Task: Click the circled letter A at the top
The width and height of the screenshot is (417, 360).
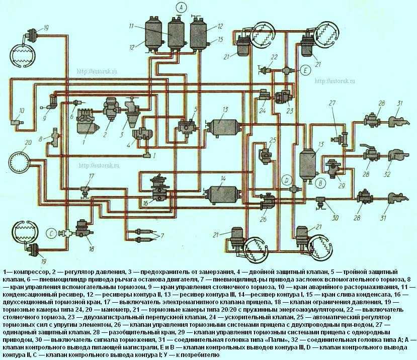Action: tap(180, 7)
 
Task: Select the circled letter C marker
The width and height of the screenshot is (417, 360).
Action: tap(52, 232)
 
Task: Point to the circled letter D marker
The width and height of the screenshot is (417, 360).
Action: tap(286, 179)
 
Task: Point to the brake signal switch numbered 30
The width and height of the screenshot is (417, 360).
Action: tap(320, 202)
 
